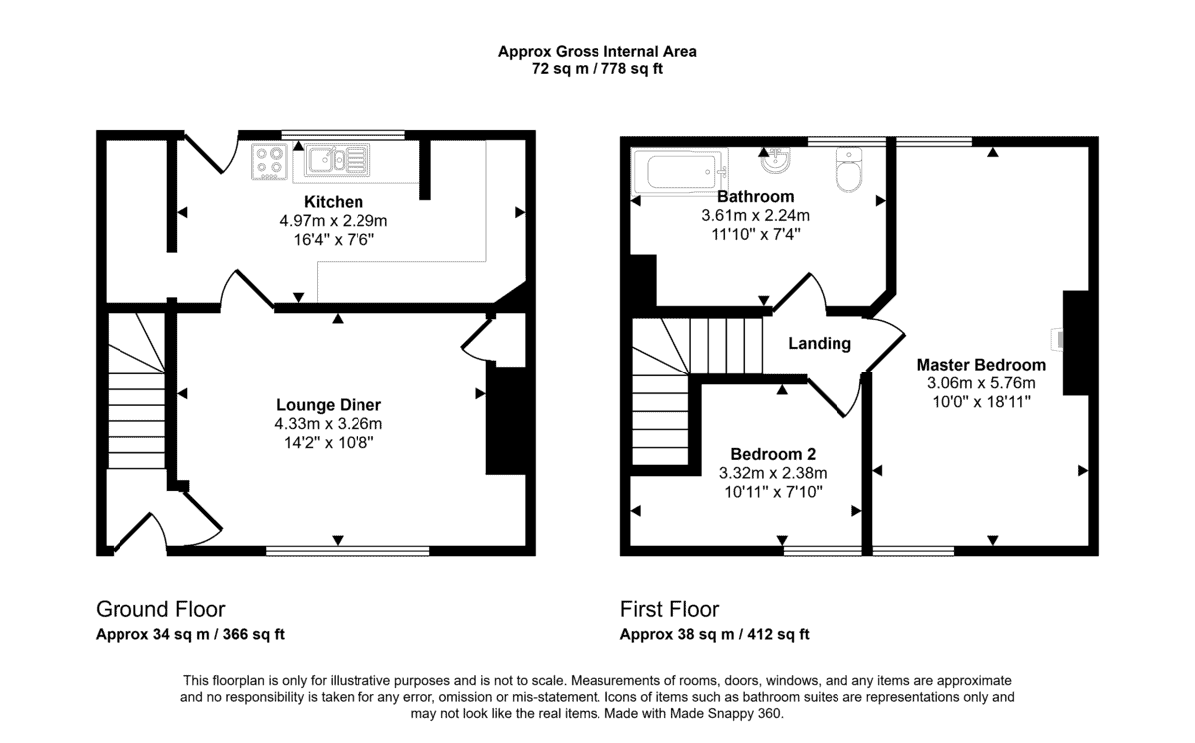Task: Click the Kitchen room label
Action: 334,202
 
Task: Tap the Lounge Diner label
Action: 329,405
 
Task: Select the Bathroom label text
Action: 756,197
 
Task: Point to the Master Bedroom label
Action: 981,365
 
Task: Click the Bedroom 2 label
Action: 773,454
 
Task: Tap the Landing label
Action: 820,343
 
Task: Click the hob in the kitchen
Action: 270,161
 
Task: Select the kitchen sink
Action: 338,159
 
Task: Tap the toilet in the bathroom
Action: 848,169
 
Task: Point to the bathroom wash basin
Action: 775,161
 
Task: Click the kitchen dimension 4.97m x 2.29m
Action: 334,221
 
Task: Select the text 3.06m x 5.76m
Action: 981,383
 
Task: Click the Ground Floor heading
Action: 160,609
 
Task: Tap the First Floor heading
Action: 669,609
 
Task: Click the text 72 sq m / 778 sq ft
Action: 597,69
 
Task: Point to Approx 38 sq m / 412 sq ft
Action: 714,634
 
